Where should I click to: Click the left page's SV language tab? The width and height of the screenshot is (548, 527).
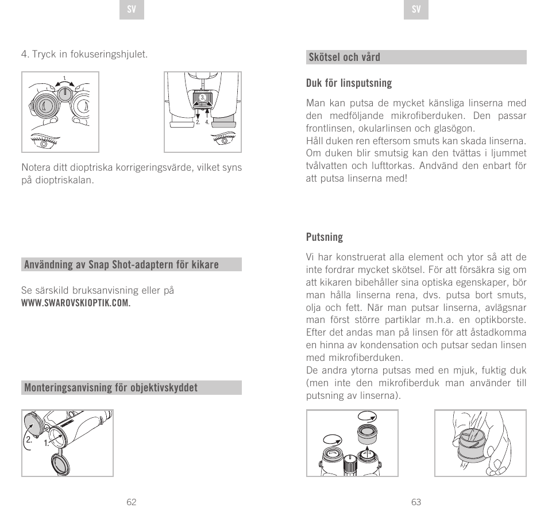[132, 10]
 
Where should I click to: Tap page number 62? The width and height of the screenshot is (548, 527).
[132, 502]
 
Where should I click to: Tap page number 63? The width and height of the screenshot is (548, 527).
[416, 502]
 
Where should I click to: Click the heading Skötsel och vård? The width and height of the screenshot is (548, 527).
[344, 57]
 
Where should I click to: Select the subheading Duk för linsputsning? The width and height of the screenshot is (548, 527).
[349, 83]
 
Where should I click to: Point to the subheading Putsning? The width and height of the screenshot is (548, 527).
[324, 237]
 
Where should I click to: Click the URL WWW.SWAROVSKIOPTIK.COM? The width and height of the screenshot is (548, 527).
[76, 303]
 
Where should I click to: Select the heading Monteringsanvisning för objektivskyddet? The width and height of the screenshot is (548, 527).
[110, 388]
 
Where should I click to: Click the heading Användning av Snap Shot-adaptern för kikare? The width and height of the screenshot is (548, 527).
[121, 265]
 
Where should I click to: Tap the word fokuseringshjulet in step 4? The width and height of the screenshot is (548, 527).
[111, 55]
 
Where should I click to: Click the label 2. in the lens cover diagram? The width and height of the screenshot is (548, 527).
[27, 440]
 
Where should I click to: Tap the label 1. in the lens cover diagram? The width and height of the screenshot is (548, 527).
[47, 443]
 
